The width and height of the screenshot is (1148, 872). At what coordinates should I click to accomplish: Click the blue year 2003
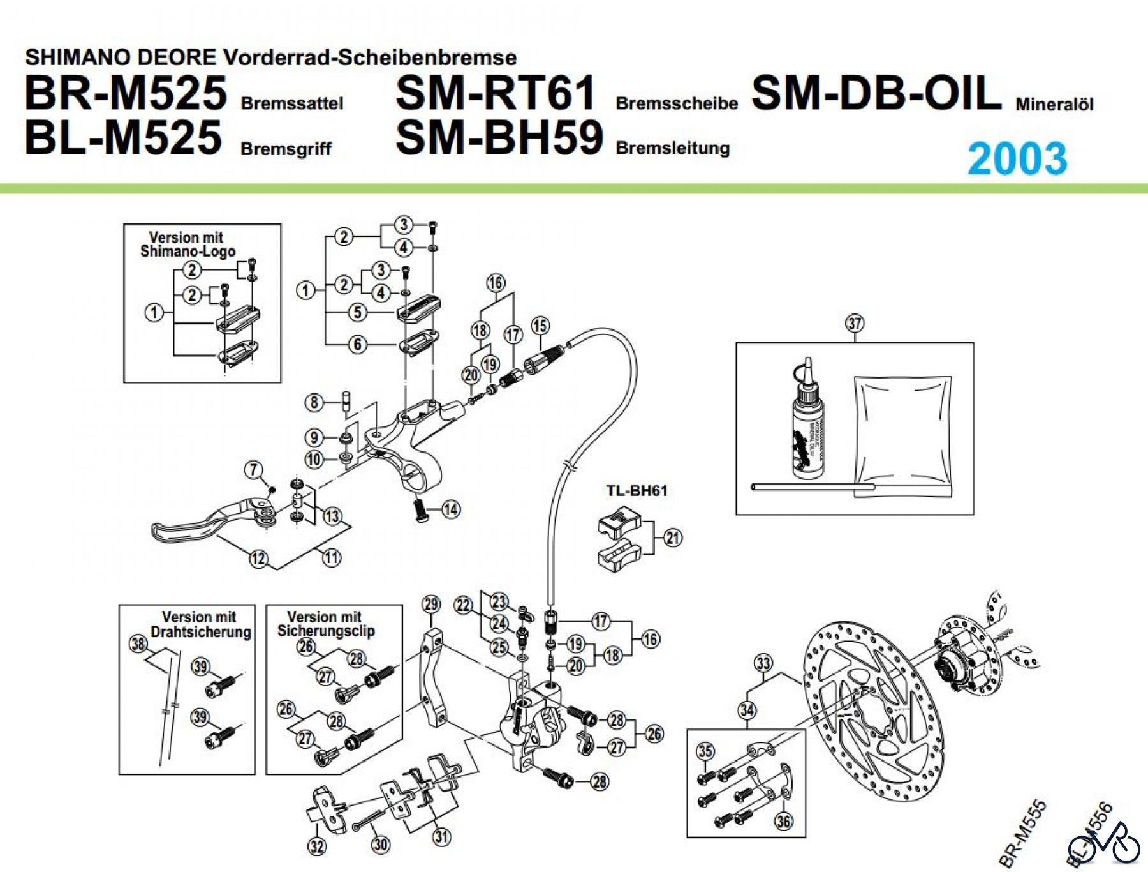(1017, 158)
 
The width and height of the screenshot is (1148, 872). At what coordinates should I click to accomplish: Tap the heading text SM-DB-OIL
(876, 93)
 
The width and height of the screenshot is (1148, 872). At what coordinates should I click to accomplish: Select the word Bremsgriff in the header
(286, 149)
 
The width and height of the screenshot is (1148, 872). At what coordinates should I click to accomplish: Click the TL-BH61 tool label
(637, 490)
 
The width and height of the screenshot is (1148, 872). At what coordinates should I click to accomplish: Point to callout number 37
(855, 323)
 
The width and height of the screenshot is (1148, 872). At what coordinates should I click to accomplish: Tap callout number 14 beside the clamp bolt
(451, 509)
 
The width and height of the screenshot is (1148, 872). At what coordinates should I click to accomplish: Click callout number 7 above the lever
(254, 470)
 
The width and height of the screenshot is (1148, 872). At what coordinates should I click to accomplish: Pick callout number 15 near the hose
(540, 326)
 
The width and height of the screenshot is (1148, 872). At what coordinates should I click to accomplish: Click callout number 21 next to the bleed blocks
(673, 537)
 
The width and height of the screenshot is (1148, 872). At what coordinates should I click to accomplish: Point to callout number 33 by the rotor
(763, 663)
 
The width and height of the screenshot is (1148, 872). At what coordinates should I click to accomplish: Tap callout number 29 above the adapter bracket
(431, 604)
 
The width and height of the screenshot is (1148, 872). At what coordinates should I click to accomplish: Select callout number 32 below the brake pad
(317, 846)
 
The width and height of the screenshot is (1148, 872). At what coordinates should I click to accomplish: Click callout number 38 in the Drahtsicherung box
(138, 643)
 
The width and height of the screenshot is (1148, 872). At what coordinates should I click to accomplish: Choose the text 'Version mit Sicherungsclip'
(325, 624)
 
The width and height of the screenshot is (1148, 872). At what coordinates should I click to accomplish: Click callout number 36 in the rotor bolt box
(783, 821)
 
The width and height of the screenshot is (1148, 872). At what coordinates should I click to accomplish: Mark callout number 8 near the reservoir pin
(314, 402)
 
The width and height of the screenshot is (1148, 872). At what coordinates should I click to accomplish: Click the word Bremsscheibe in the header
(677, 103)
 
